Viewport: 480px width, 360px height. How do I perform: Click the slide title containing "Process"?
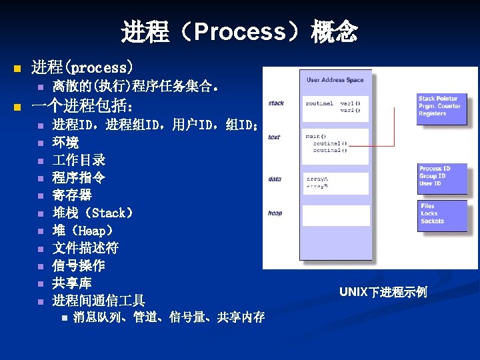coord(239,31)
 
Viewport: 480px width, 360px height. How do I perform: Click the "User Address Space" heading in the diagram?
coord(335,80)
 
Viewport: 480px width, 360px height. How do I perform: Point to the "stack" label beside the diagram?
coord(276,103)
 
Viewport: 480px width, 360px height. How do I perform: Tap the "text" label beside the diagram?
coord(274,137)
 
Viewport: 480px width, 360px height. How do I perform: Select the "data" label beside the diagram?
coord(275,179)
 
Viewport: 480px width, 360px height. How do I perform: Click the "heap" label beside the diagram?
coord(275,213)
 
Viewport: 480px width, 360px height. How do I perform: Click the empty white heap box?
coord(336,215)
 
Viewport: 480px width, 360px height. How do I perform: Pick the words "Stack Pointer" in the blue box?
coord(438,99)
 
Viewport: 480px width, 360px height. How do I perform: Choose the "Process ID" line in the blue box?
coord(435,169)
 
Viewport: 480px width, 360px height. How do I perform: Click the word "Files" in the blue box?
coord(427,207)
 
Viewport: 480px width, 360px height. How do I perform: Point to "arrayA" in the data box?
coord(317,179)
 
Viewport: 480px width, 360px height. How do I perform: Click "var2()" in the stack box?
coord(350,110)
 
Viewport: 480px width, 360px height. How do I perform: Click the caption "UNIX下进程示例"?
coord(383,292)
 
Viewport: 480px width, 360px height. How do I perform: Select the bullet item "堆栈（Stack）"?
coord(93,213)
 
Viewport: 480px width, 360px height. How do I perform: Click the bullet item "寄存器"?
coord(72,195)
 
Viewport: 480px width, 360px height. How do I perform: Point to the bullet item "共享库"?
coord(72,283)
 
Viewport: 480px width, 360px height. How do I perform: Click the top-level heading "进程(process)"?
coord(82,67)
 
